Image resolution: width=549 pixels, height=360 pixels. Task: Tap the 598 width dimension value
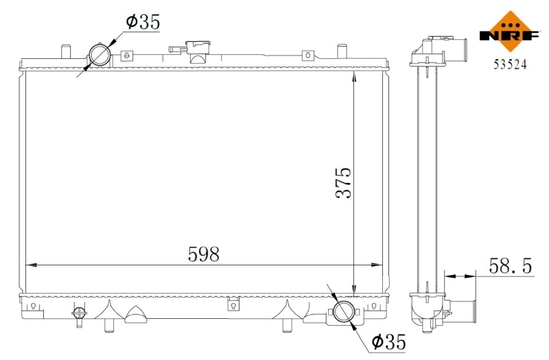[204, 254]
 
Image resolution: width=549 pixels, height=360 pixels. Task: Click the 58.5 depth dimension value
[511, 265]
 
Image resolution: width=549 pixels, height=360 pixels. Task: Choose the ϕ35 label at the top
[142, 22]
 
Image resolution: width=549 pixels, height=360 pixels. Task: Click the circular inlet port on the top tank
[100, 55]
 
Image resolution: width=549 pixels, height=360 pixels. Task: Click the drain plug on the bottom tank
[79, 314]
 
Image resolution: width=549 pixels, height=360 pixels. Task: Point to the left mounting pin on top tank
[65, 53]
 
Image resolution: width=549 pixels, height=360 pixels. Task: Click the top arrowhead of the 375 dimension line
[353, 77]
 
